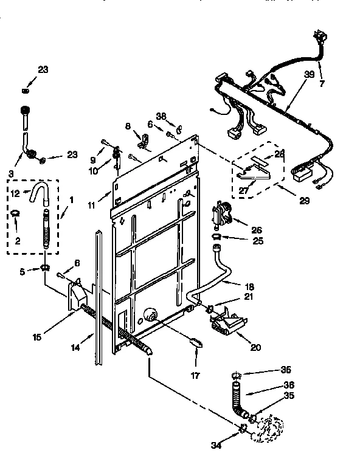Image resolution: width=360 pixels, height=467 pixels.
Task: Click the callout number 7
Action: (322, 83)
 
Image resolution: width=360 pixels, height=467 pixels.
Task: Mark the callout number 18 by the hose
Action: (249, 286)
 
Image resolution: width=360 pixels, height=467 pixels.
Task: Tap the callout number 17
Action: (195, 376)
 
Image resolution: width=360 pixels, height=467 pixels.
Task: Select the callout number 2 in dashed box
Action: (17, 241)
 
